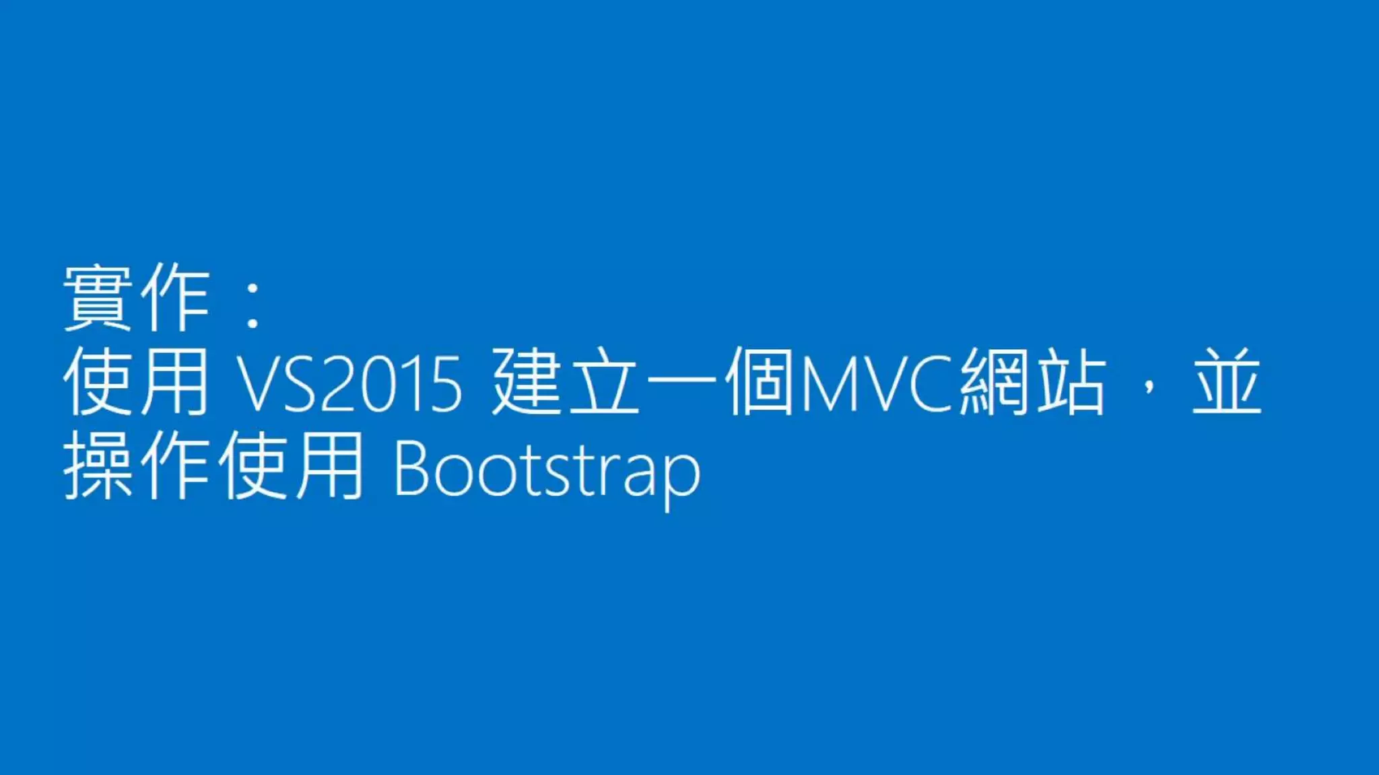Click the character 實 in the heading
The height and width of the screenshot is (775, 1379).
[x=98, y=297]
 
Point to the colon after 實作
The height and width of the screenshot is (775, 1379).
[x=253, y=306]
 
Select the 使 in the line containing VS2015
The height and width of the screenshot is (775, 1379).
[x=98, y=382]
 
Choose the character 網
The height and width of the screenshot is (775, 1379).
[x=994, y=382]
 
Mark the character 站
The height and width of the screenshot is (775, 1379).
[x=1071, y=382]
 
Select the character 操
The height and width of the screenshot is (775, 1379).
[x=98, y=466]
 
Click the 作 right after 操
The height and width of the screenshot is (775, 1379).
[x=175, y=466]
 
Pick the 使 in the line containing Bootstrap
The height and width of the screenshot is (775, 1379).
[x=253, y=466]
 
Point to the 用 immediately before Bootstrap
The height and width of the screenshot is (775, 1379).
[x=331, y=466]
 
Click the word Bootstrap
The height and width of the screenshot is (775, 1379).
[x=547, y=471]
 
